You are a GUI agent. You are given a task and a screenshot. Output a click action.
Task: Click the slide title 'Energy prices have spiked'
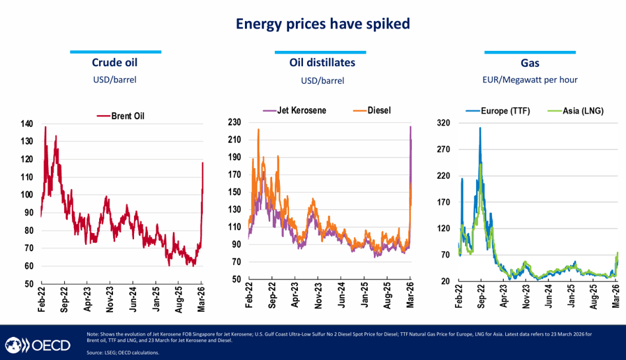click(322, 24)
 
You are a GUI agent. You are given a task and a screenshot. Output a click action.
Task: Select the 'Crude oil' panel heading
click(115, 63)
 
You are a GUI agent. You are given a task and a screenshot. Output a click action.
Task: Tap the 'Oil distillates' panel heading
click(322, 63)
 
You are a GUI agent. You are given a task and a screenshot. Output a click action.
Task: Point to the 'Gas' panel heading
click(530, 63)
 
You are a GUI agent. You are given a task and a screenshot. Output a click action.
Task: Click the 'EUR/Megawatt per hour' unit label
click(530, 80)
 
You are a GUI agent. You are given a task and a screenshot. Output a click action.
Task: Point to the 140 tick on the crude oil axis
click(26, 124)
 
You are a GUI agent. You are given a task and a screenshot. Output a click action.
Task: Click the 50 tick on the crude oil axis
click(28, 284)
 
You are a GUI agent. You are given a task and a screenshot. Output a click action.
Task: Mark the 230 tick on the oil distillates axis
click(234, 122)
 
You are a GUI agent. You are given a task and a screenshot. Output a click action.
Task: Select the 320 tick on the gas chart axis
click(442, 123)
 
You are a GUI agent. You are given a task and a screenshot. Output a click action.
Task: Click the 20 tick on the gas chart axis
click(445, 281)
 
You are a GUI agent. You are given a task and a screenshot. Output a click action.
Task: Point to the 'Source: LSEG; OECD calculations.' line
click(123, 352)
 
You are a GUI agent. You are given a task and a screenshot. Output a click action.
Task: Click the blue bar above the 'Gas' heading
click(530, 52)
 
